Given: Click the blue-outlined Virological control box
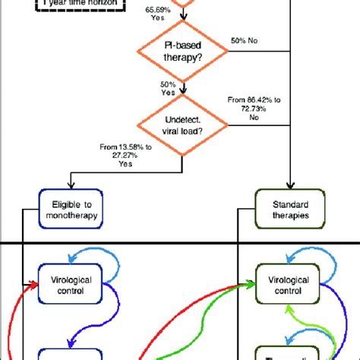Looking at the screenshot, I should tap(69, 284).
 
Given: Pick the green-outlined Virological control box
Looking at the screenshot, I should tap(283, 284).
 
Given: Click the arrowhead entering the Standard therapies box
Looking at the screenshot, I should tap(292, 188).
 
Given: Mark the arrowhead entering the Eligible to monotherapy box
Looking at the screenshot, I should tap(69, 188).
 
